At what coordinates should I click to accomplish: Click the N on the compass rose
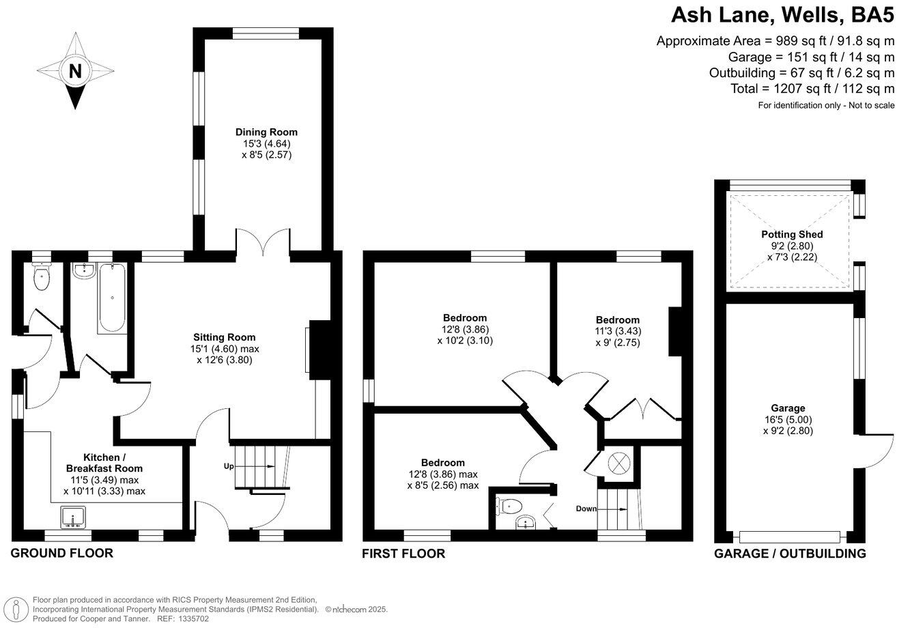[x=75, y=70]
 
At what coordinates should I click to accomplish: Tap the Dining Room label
[x=266, y=132]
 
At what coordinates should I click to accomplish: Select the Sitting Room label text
[x=224, y=337]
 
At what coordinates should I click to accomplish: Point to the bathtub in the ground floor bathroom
[x=111, y=299]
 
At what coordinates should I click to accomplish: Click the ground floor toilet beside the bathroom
[x=42, y=276]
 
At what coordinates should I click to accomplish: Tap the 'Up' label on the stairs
[x=229, y=466]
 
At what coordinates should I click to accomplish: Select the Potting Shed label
[x=792, y=234]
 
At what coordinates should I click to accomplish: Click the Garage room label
[x=787, y=408]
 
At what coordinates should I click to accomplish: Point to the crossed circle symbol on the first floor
[x=617, y=463]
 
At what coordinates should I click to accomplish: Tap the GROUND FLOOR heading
[x=61, y=553]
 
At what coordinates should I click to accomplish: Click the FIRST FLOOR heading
[x=403, y=554]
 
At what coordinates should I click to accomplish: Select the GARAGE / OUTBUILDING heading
[x=790, y=554]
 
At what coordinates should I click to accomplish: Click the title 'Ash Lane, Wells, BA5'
[x=782, y=14]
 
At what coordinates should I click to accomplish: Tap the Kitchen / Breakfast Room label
[x=104, y=463]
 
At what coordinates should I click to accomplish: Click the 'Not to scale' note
[x=867, y=105]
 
